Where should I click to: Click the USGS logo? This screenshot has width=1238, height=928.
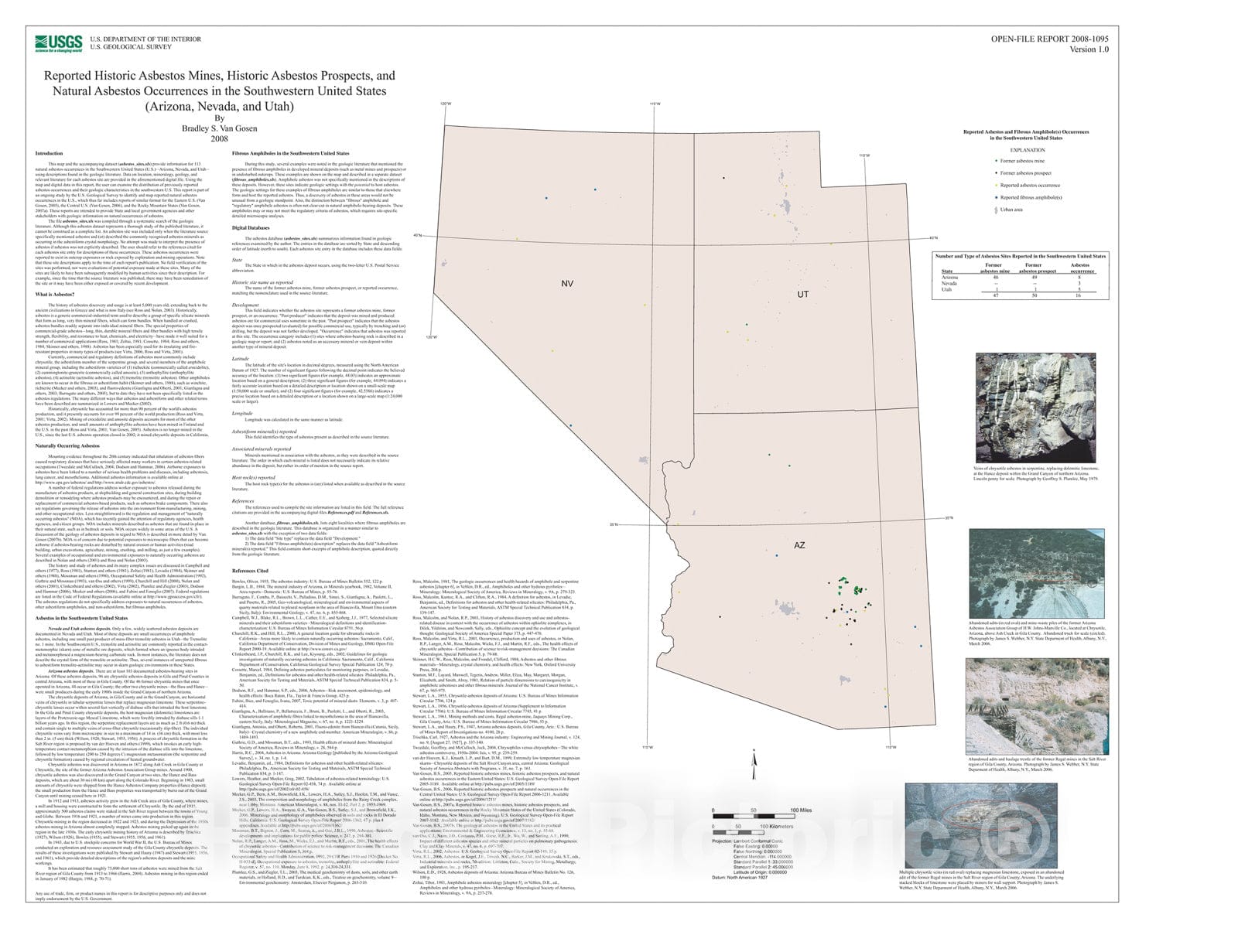click(x=59, y=43)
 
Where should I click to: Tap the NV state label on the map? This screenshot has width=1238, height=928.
click(x=567, y=284)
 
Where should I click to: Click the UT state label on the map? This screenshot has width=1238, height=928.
click(x=802, y=294)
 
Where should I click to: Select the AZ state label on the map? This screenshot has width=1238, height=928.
click(x=799, y=545)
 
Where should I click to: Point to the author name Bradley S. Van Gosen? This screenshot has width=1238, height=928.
click(x=219, y=128)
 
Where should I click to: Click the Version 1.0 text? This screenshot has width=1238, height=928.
click(x=1089, y=49)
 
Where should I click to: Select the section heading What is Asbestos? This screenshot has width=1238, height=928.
click(x=54, y=295)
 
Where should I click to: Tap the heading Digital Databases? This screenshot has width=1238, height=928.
click(x=251, y=228)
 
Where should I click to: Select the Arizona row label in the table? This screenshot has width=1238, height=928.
click(x=949, y=277)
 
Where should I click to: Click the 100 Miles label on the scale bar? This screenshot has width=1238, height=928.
click(x=800, y=810)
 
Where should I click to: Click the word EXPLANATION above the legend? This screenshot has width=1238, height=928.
click(x=1027, y=150)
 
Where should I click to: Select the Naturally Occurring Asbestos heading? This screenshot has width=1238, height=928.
click(x=67, y=445)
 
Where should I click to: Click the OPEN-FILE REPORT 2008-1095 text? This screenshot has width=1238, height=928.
click(x=1049, y=39)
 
